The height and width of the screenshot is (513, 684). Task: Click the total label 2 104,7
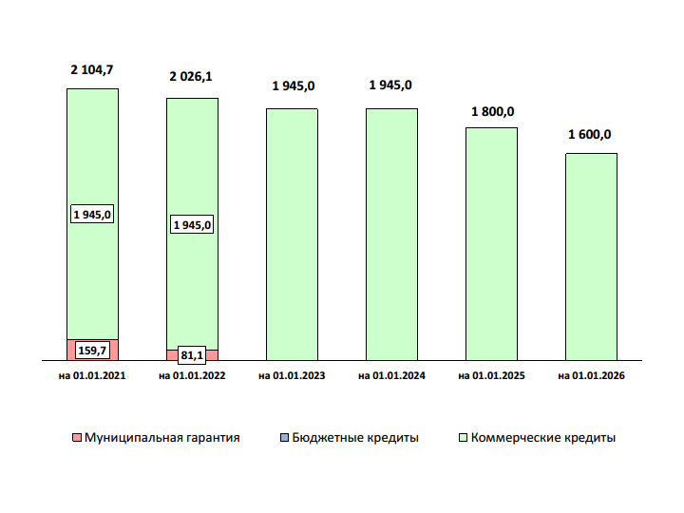(92, 69)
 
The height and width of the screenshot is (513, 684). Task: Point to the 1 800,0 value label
(492, 111)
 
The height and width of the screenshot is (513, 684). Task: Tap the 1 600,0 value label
(590, 135)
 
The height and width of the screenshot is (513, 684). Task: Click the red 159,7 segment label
(92, 351)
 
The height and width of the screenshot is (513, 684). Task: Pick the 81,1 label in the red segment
(192, 355)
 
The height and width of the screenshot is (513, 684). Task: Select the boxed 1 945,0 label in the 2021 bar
(92, 215)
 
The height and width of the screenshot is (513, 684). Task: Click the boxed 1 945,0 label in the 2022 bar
(192, 225)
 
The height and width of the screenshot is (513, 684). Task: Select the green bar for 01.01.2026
(591, 256)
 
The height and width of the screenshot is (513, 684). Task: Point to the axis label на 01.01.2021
(92, 377)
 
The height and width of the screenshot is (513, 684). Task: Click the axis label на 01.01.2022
(192, 377)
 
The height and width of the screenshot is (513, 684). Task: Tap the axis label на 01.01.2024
(391, 377)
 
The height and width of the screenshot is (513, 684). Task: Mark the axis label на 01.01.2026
(591, 377)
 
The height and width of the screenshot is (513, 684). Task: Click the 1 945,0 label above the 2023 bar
(293, 85)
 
